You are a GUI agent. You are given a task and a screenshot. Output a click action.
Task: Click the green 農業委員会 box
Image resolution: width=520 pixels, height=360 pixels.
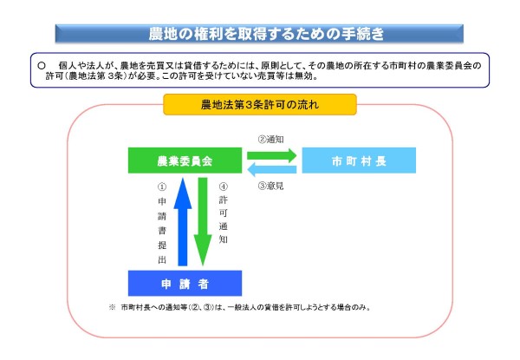pyautogui.click(x=185, y=160)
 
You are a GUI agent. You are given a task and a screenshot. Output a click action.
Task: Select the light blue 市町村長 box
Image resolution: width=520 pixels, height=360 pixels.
pyautogui.click(x=359, y=160)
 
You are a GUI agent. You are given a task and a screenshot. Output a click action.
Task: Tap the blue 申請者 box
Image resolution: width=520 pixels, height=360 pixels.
pyautogui.click(x=185, y=283)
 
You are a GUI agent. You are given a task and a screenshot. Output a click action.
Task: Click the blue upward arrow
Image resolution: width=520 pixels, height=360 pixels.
pyautogui.click(x=183, y=222)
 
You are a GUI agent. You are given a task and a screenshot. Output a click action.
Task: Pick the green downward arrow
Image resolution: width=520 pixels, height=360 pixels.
pyautogui.click(x=203, y=222)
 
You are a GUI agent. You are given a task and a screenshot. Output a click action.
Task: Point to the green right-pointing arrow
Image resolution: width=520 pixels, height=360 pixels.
pyautogui.click(x=271, y=155)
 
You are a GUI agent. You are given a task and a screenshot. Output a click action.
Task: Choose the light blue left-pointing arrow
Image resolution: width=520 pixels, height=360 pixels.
pyautogui.click(x=271, y=169)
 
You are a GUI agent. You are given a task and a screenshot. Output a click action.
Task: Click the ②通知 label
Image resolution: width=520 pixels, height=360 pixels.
pyautogui.click(x=270, y=140)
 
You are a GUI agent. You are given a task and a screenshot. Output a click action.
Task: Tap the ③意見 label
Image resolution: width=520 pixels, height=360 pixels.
pyautogui.click(x=270, y=186)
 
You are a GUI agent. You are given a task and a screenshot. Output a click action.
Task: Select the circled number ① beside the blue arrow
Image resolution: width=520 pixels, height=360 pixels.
pyautogui.click(x=162, y=187)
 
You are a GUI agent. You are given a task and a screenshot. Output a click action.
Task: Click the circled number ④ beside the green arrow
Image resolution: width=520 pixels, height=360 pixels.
pyautogui.click(x=224, y=187)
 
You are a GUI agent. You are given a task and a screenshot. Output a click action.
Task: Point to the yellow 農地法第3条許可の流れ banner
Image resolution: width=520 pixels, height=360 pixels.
pyautogui.click(x=260, y=104)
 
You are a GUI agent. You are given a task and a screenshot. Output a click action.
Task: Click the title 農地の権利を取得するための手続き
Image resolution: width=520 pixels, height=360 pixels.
pyautogui.click(x=266, y=34)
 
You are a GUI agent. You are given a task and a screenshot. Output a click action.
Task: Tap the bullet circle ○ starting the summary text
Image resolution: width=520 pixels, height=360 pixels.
pyautogui.click(x=42, y=66)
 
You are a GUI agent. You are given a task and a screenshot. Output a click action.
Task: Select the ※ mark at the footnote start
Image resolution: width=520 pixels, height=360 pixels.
pyautogui.click(x=112, y=307)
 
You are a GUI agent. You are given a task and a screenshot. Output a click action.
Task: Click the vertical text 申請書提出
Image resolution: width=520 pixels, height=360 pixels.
pyautogui.click(x=162, y=231)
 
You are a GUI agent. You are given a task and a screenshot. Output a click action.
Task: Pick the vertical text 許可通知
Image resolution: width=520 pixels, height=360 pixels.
pyautogui.click(x=224, y=219)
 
